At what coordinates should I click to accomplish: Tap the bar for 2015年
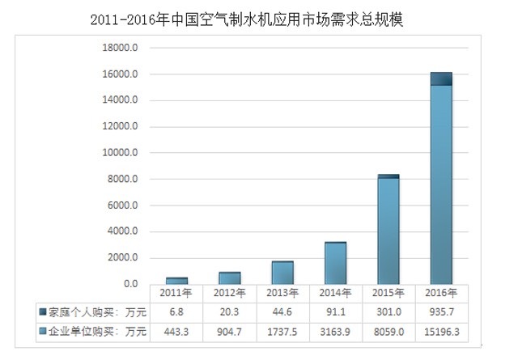coord(388,230)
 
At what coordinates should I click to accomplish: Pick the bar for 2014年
coord(336,263)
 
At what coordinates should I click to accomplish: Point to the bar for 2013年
coord(282,273)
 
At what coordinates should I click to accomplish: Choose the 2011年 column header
coord(176,293)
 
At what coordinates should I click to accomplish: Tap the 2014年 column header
coord(336,293)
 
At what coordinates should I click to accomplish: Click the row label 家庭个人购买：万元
coord(92,312)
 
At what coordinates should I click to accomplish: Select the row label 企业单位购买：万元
coord(92,332)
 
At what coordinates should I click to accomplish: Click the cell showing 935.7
coord(440,312)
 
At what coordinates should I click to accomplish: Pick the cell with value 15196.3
coord(440,332)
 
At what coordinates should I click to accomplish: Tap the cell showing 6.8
coord(176,312)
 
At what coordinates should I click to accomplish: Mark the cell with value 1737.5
coord(282,332)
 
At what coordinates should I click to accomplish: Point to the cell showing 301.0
coord(388,312)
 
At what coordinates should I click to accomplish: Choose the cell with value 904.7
coord(230,332)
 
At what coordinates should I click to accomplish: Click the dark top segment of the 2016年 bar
coord(440,78)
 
